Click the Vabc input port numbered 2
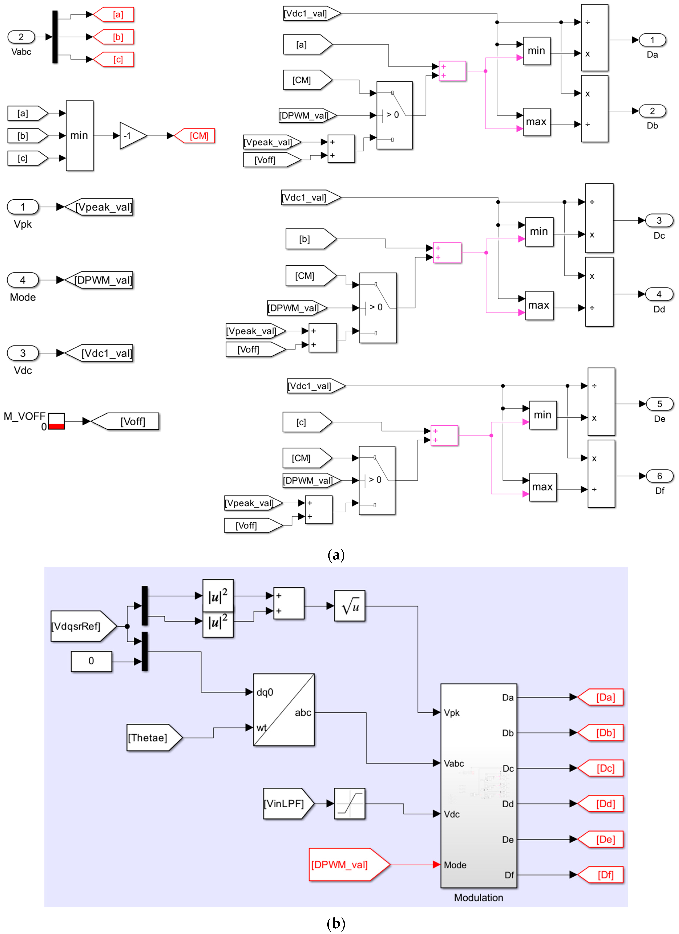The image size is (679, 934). [21, 37]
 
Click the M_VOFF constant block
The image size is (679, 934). [56, 421]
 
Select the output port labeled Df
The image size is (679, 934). [659, 476]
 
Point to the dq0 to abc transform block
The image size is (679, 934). [284, 709]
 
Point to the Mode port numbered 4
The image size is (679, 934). [23, 280]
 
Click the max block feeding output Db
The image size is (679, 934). [537, 122]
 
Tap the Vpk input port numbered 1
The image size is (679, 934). [23, 207]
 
